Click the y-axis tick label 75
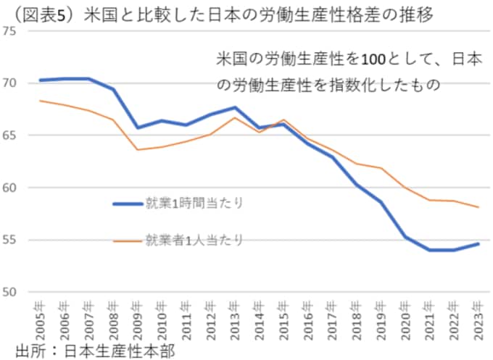[x=11, y=31]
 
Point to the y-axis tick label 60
[x=11, y=188]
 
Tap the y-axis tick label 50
[x=11, y=293]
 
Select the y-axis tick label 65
[x=11, y=135]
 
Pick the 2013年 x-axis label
[x=233, y=316]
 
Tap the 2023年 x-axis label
[x=476, y=316]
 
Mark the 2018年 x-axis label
[x=355, y=316]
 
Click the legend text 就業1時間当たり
[x=194, y=204]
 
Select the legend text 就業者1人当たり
[x=194, y=239]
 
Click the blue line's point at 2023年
[x=476, y=244]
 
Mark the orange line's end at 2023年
[x=476, y=207]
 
